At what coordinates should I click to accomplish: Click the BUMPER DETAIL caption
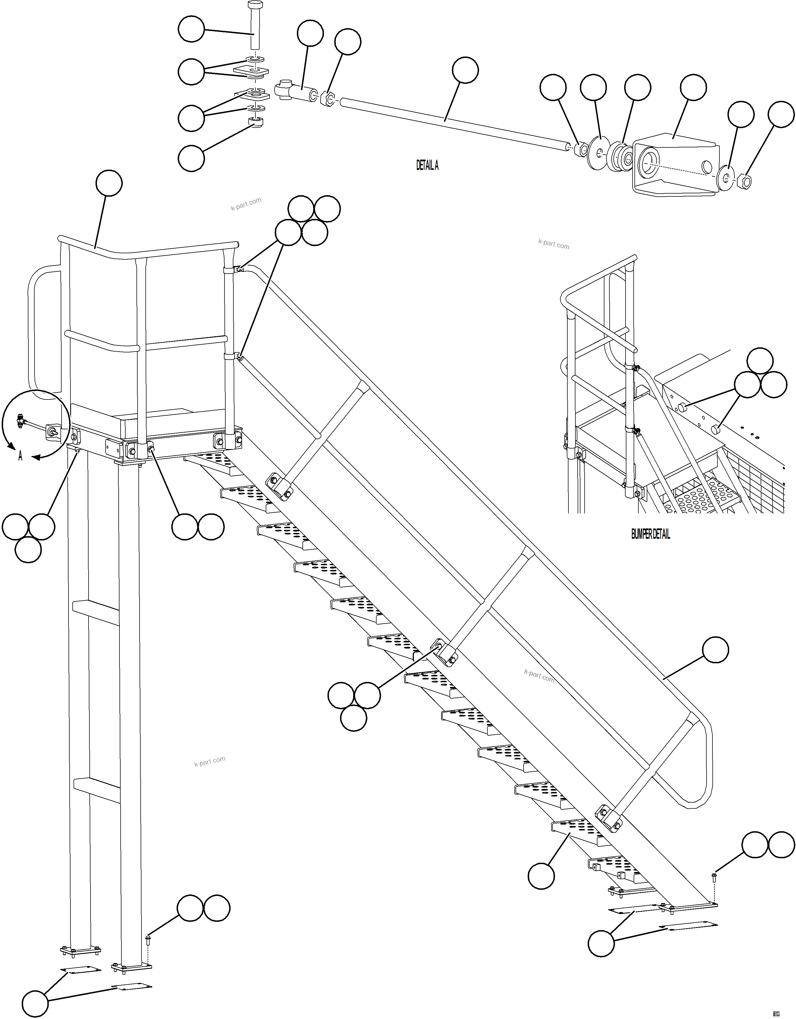point(650,535)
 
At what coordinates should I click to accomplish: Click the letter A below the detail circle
point(20,456)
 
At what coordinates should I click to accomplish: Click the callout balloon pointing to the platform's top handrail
point(109,183)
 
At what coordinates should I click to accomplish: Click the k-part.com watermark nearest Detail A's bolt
point(246,204)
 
